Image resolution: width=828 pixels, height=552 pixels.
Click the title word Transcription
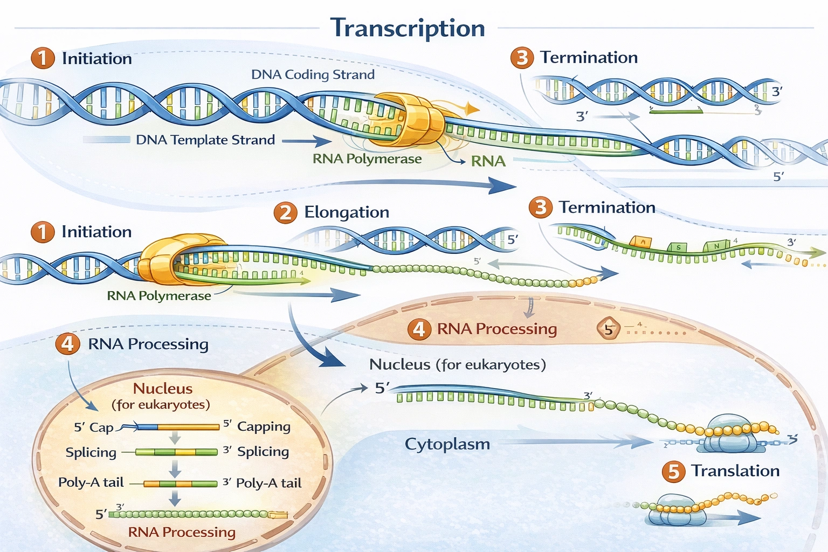point(408,28)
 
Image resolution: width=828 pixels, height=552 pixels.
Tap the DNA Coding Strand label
point(313,74)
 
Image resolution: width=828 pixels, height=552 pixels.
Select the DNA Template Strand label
point(205,140)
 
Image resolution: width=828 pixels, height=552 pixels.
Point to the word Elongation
point(347,212)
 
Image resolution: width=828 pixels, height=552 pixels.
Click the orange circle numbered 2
point(285,213)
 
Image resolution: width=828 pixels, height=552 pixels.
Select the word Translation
point(735,471)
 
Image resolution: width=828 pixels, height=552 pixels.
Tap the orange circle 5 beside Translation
point(673,472)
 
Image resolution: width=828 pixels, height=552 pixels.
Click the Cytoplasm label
point(447,444)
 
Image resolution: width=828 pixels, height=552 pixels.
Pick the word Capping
point(264,426)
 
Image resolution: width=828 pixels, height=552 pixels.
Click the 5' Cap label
point(94,427)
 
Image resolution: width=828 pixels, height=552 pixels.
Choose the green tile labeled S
point(678,247)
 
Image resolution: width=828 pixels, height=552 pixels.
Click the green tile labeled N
point(716,246)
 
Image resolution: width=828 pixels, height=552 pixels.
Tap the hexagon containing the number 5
point(609,329)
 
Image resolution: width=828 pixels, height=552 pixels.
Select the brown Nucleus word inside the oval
point(162,389)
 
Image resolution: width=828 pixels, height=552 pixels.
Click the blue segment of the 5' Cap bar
point(147,427)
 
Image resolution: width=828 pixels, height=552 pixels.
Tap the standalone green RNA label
point(488,161)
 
